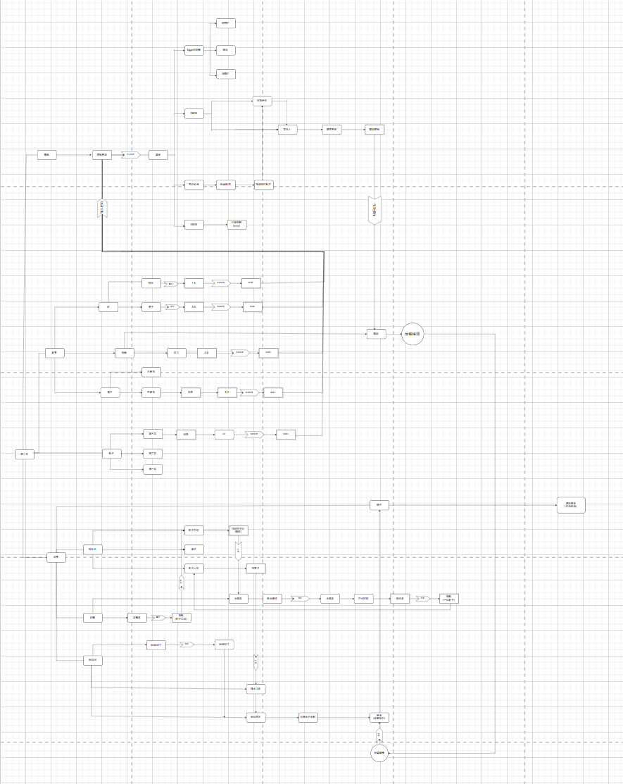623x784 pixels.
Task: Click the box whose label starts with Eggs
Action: (194, 50)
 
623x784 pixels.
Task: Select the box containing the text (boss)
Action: (237, 225)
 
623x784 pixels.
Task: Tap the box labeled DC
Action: (227, 393)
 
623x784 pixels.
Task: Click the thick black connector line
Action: (211, 251)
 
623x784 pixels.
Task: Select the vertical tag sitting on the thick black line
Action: (102, 209)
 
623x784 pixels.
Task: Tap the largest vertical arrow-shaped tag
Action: (375, 210)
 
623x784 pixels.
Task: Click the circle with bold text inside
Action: (413, 335)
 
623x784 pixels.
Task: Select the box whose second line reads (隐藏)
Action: (238, 530)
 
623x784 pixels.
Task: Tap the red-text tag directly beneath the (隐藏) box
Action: (238, 549)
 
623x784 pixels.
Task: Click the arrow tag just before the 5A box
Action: (172, 307)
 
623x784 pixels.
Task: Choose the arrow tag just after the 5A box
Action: (221, 307)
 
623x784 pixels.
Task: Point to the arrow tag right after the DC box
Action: (248, 393)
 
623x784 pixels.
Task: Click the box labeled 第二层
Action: (153, 454)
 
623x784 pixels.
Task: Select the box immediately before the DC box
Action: (190, 393)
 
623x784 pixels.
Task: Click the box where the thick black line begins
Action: (102, 155)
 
